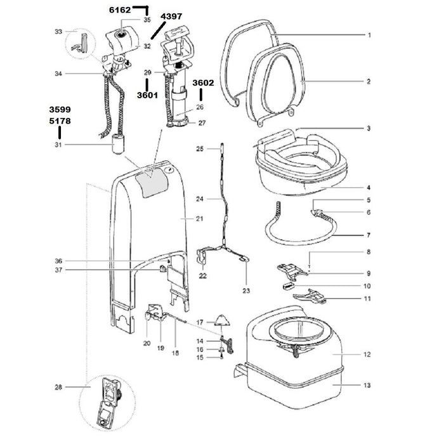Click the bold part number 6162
tap(120, 10)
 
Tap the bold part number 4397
tap(171, 16)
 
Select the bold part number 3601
tap(147, 95)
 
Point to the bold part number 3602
tap(203, 82)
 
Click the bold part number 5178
tap(60, 121)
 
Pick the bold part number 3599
tap(60, 110)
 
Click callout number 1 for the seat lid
tap(369, 36)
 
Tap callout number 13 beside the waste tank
tap(367, 385)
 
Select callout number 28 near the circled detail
tap(58, 387)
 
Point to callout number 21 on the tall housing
tap(199, 218)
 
